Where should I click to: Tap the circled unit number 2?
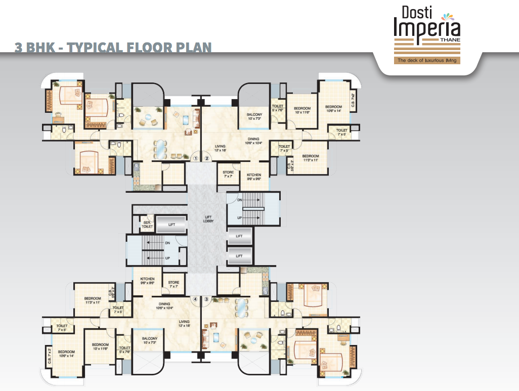pyautogui.click(x=207, y=158)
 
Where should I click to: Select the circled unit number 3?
pyautogui.click(x=207, y=299)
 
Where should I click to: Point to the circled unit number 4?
pyautogui.click(x=195, y=299)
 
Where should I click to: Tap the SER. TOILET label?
pyautogui.click(x=147, y=225)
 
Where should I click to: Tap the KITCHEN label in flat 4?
pyautogui.click(x=147, y=281)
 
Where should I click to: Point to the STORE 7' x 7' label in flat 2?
pyautogui.click(x=228, y=174)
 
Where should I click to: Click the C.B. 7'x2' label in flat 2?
pyautogui.click(x=353, y=96)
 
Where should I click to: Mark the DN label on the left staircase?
pyautogui.click(x=167, y=243)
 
